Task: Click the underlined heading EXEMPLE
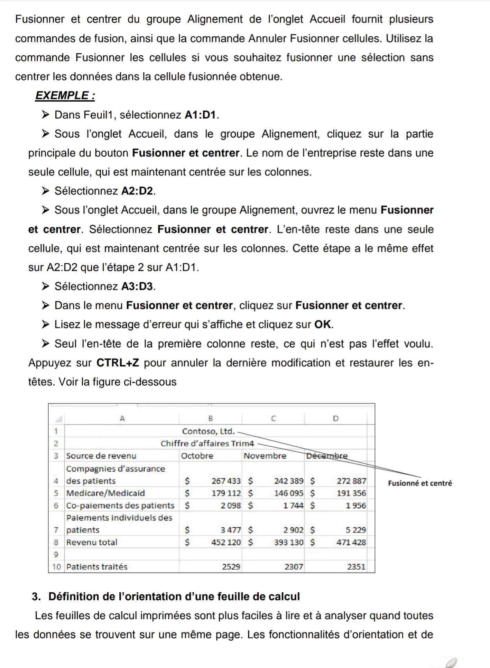click(x=65, y=95)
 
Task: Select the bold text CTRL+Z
click(x=118, y=363)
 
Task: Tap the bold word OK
click(x=323, y=324)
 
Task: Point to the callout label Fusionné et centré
click(x=420, y=483)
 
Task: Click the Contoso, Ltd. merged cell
click(x=209, y=431)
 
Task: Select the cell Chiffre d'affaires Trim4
click(x=207, y=443)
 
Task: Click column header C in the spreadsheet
click(x=273, y=418)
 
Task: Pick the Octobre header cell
click(x=197, y=456)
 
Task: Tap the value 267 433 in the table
click(x=226, y=481)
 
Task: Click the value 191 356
click(x=351, y=493)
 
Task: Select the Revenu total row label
click(x=92, y=542)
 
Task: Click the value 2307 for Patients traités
click(x=294, y=567)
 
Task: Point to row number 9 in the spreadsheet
click(x=56, y=554)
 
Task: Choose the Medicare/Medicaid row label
click(x=105, y=493)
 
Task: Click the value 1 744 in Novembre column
click(x=293, y=506)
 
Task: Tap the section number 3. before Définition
click(x=37, y=597)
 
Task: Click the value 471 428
click(x=351, y=542)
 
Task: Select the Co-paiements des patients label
click(x=120, y=506)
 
